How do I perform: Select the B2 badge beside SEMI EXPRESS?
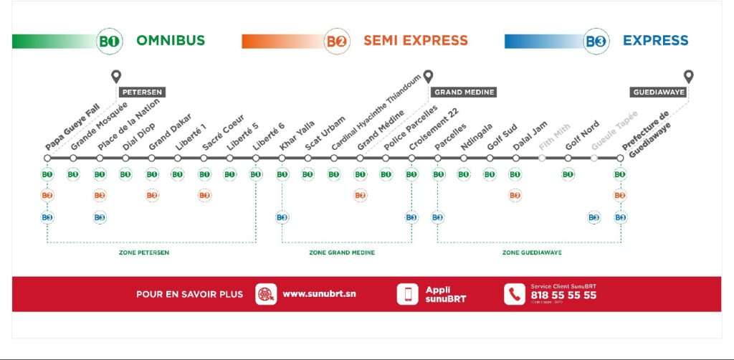tap(337, 41)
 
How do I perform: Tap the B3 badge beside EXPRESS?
tap(596, 41)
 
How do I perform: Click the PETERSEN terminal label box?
tap(143, 93)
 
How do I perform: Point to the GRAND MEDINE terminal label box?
tap(464, 93)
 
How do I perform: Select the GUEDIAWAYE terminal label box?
tap(658, 93)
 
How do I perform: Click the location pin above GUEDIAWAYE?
tap(688, 76)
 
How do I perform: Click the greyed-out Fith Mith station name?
tap(554, 137)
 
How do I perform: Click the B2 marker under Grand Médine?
tap(360, 195)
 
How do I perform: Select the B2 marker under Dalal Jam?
tap(515, 195)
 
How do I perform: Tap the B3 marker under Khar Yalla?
tap(282, 217)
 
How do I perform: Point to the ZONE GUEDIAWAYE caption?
tap(531, 252)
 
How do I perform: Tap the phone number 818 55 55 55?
tap(563, 295)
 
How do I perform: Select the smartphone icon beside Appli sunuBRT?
tap(408, 294)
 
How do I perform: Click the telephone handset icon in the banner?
tap(514, 294)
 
